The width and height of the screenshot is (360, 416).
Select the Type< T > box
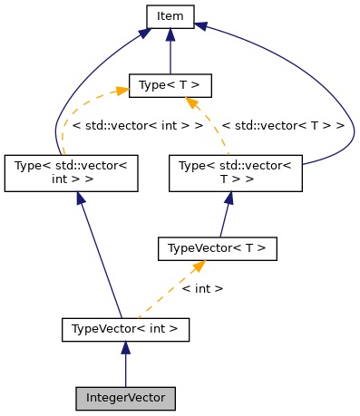[x=170, y=86]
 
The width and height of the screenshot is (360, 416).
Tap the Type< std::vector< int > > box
[x=71, y=173]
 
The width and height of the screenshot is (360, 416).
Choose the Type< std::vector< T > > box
[x=236, y=173]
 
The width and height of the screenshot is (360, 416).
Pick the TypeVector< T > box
[x=217, y=247]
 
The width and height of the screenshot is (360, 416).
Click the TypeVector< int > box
[x=125, y=328]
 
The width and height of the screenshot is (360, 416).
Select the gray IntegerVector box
[x=125, y=398]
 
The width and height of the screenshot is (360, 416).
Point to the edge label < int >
[x=202, y=288]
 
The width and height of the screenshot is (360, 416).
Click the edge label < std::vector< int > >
[x=136, y=126]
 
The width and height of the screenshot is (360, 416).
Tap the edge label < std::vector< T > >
[x=283, y=126]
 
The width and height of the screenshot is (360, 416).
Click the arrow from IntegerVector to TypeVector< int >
[x=125, y=367]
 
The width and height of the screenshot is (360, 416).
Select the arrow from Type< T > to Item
[x=170, y=53]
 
